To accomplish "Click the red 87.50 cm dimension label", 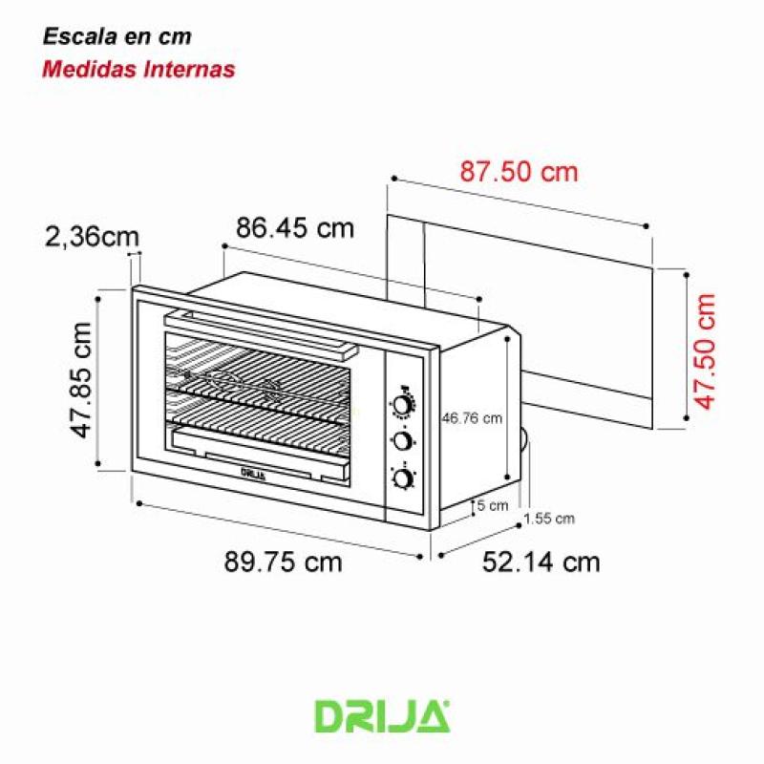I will coord(520,172).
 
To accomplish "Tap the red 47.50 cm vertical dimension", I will coord(706,350).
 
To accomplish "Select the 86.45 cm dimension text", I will coord(294,228).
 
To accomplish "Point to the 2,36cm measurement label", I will coord(92,237).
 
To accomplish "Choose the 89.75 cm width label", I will coord(283,562).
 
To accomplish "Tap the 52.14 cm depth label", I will coord(541,562).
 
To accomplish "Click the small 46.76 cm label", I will coord(471,417).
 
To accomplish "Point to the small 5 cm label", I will coord(493,505).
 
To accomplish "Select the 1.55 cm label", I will coord(549,519).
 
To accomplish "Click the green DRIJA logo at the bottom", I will coord(382,715).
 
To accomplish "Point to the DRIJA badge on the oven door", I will coord(252,471).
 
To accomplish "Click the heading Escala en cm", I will coord(117,37).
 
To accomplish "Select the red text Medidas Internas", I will coord(139,69).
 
